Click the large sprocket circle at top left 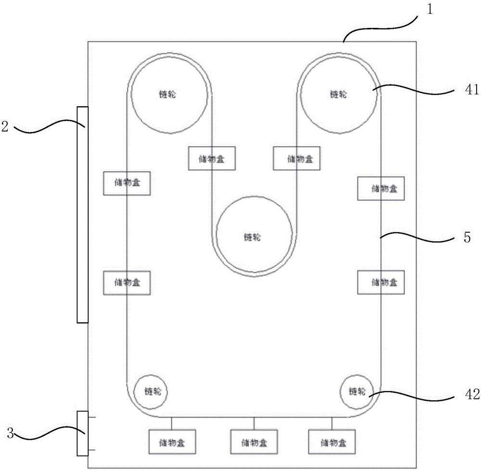(169, 94)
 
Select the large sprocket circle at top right (339, 94)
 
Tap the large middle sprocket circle (254, 236)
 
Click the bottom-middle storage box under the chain (254, 442)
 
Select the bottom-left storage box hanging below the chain (172, 441)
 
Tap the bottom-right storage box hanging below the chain (331, 441)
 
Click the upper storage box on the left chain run (127, 183)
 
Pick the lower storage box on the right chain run (381, 282)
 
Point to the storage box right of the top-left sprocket (211, 158)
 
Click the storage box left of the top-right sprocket (296, 158)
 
